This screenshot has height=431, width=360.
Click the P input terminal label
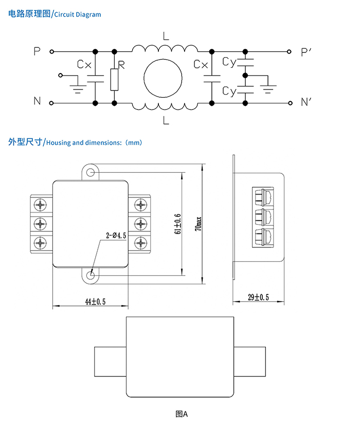37,51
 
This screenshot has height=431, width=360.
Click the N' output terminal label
307,102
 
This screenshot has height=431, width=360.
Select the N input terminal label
37,101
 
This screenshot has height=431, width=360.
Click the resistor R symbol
114,79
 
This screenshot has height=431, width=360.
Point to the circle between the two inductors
163,79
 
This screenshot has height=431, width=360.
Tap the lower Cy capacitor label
229,91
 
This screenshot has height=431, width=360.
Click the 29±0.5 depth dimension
258,298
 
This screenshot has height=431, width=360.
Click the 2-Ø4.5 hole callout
116,235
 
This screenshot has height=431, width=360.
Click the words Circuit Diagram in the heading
78,14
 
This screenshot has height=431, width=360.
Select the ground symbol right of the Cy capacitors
267,84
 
